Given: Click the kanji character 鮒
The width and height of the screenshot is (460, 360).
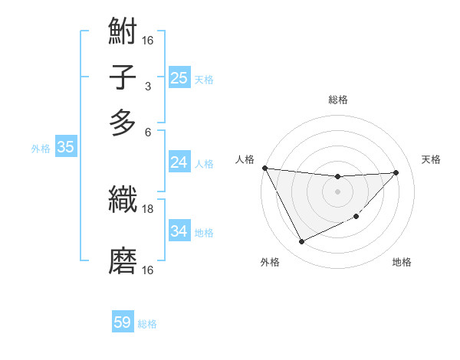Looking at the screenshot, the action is (123, 33).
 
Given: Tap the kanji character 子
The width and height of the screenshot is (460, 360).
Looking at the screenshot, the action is (123, 77).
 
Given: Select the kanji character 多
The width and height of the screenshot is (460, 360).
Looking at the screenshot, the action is (123, 122).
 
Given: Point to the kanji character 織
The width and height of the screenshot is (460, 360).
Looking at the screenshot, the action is (123, 201).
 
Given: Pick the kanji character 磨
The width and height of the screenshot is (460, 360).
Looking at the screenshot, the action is (123, 261).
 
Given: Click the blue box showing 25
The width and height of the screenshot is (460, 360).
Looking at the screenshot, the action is (179, 77).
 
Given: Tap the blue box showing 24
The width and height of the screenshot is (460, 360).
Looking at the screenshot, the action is (179, 162).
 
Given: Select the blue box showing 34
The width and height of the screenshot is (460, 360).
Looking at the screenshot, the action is (179, 231).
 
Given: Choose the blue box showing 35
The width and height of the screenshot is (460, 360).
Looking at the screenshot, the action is (65, 148).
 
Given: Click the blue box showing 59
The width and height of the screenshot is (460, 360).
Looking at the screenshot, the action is (123, 322).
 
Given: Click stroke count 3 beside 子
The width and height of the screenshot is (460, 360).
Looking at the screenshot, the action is (148, 86).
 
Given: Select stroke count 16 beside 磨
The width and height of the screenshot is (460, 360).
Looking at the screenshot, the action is (148, 270).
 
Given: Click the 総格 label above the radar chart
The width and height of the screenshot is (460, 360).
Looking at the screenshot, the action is (337, 100).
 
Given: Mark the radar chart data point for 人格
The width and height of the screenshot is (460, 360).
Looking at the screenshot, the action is (264, 168).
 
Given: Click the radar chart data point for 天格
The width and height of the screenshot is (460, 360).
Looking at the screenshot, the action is (396, 172).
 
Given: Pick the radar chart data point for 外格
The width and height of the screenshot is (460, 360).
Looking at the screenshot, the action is (301, 242).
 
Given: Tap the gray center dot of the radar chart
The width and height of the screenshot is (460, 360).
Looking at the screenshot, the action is (337, 191).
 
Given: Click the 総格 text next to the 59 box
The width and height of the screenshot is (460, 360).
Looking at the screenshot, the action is (147, 324).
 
